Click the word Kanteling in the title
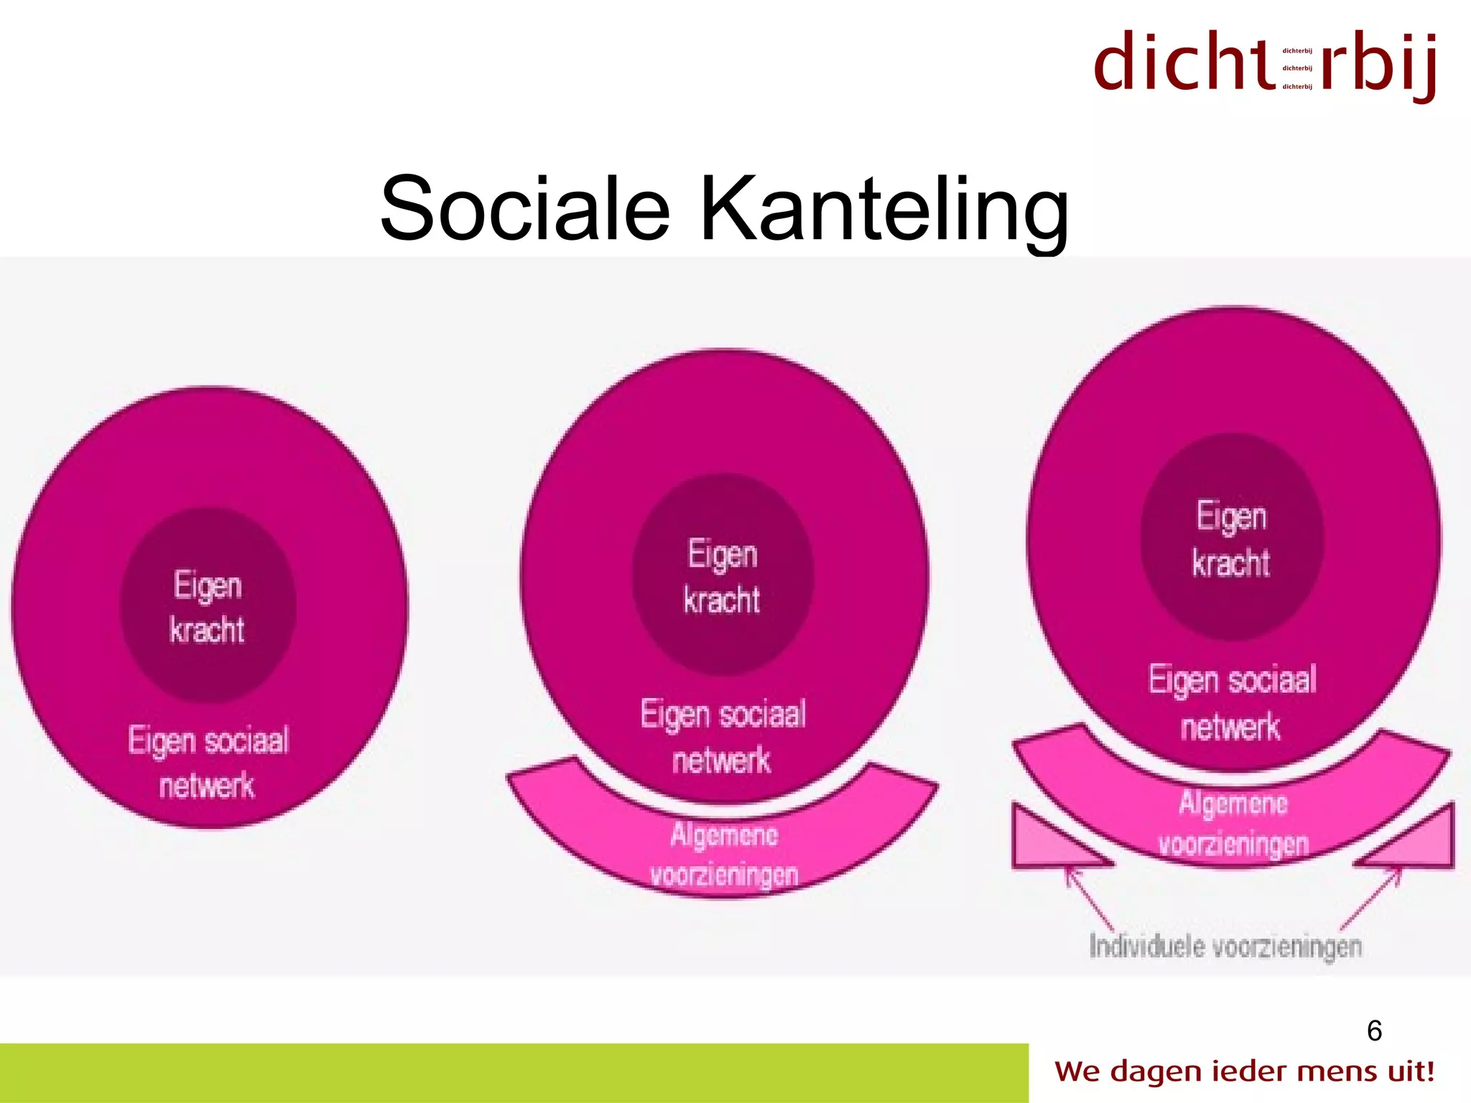pyautogui.click(x=884, y=210)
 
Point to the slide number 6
pyautogui.click(x=1374, y=1031)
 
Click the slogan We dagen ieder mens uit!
pyautogui.click(x=1244, y=1071)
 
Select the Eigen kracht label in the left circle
pyautogui.click(x=208, y=608)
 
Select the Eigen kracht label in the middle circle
pyautogui.click(x=722, y=577)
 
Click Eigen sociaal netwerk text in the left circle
pyautogui.click(x=208, y=763)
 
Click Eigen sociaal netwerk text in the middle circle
pyautogui.click(x=723, y=737)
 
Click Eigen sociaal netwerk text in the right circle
pyautogui.click(x=1232, y=702)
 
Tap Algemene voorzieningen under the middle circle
pyautogui.click(x=724, y=855)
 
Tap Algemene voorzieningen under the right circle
pyautogui.click(x=1233, y=823)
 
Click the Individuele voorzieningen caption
pyautogui.click(x=1225, y=946)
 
